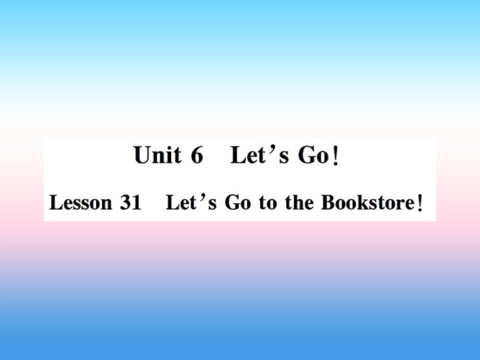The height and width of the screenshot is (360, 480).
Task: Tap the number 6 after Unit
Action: pyautogui.click(x=197, y=155)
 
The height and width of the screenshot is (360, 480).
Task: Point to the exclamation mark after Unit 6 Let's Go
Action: pyautogui.click(x=333, y=157)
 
